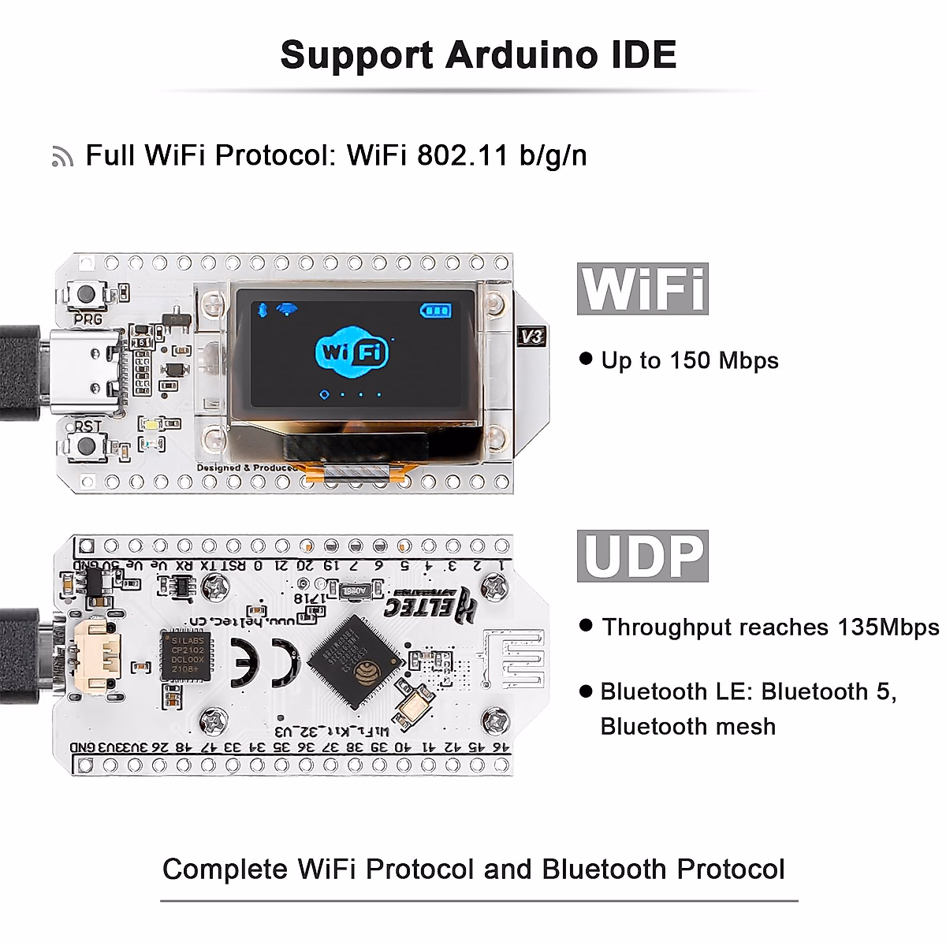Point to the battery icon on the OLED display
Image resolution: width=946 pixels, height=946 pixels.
click(x=436, y=310)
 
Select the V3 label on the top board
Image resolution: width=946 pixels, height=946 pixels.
click(x=531, y=337)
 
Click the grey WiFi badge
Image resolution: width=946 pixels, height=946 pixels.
click(x=642, y=289)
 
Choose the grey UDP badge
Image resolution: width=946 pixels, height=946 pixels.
click(x=642, y=556)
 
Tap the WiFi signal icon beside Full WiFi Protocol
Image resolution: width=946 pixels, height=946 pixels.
click(x=62, y=157)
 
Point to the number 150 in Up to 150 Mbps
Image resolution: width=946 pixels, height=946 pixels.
click(x=690, y=361)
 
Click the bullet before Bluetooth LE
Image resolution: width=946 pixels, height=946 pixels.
click(x=586, y=691)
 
